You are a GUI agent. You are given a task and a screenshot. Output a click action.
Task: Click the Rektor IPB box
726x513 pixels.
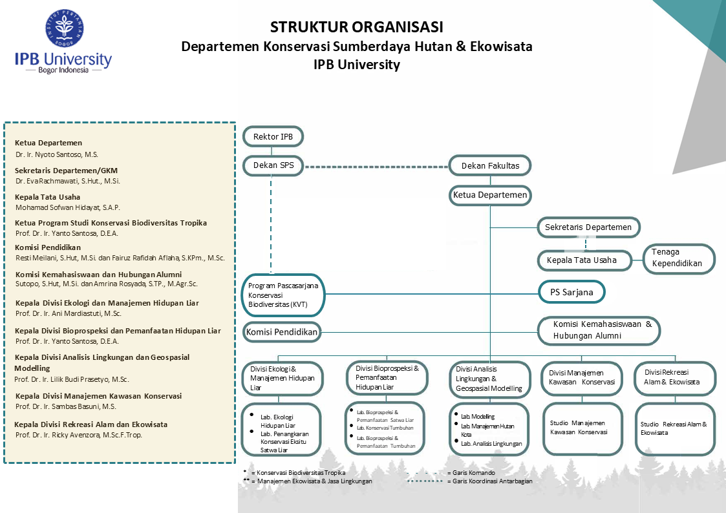point(272,137)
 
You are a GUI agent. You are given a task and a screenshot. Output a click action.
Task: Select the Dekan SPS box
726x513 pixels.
point(273,165)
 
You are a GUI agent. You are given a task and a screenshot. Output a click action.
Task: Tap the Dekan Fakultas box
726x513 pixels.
point(490,166)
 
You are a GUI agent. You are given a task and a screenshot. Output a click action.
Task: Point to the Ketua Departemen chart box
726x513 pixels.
point(490,194)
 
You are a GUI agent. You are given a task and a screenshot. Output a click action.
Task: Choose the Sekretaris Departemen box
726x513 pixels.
point(588,227)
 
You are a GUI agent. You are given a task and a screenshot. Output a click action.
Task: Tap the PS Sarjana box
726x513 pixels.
point(572,292)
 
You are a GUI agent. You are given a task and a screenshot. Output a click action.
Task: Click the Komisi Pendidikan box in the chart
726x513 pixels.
point(282,333)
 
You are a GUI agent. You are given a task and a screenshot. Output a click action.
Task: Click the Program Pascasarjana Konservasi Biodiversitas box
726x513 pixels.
point(284,295)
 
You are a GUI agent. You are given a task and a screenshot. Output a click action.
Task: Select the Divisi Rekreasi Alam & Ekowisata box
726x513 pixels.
point(675,377)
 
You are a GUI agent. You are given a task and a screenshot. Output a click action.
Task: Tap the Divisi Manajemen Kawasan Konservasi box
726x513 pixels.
point(581,377)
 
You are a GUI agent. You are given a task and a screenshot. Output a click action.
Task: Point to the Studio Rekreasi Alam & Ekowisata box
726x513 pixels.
point(675,429)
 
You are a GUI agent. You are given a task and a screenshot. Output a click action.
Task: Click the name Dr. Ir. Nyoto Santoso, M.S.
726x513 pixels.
point(57,155)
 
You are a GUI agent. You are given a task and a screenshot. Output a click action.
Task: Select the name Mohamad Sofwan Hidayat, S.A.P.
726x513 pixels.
point(68,207)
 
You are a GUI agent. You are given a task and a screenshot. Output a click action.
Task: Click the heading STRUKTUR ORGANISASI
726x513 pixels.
point(356,27)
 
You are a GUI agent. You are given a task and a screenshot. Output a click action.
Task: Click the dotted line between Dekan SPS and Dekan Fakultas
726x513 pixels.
point(376,167)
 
